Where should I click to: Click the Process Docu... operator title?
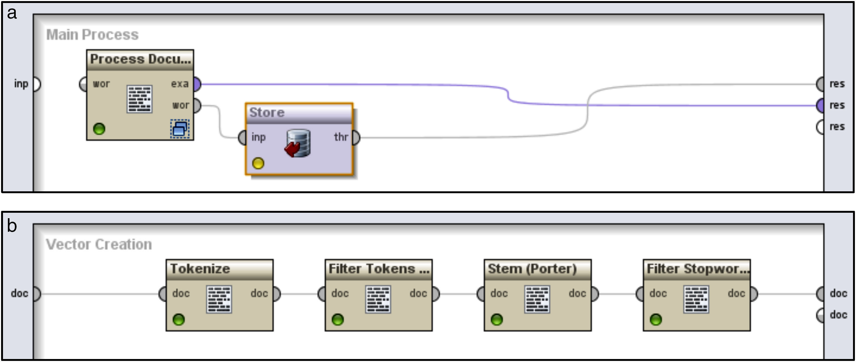(x=140, y=59)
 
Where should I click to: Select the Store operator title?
(x=267, y=113)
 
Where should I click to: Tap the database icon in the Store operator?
(x=298, y=144)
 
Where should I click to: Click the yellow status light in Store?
(x=258, y=163)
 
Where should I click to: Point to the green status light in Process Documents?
(x=99, y=129)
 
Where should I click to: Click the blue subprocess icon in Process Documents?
(x=180, y=129)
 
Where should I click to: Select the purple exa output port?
(x=197, y=84)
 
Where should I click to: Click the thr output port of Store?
(x=356, y=137)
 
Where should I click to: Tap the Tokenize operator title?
(x=200, y=269)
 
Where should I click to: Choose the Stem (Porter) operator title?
(x=532, y=269)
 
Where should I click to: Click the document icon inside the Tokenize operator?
(x=219, y=299)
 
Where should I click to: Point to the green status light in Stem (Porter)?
(x=497, y=320)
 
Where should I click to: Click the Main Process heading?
(x=92, y=34)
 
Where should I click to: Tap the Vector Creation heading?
(x=99, y=244)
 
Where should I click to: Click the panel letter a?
(x=12, y=13)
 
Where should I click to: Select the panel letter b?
(x=12, y=226)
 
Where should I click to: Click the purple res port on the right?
(x=820, y=106)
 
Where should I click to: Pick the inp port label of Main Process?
(x=21, y=84)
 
